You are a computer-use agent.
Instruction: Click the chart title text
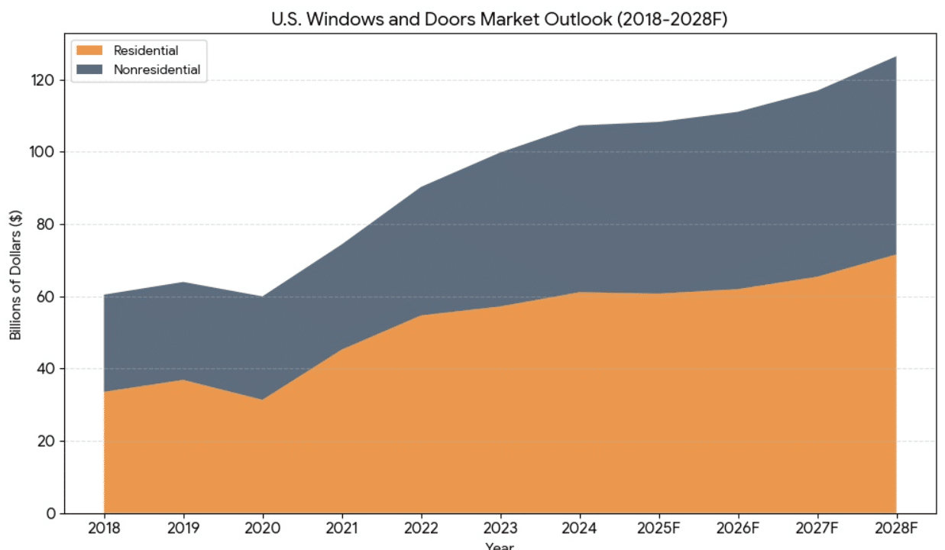click(500, 19)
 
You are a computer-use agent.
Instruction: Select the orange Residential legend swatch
click(89, 50)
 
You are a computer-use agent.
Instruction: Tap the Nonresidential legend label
click(157, 70)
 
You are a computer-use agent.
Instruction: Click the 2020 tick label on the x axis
click(262, 528)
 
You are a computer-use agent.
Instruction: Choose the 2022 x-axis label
click(421, 528)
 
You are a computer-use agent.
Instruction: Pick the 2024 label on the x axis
click(579, 528)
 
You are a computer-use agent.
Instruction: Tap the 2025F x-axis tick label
click(659, 528)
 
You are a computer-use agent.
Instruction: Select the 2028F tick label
click(896, 528)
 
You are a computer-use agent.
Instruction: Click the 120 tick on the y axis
click(44, 80)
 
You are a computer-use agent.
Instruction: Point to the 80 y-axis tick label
click(47, 225)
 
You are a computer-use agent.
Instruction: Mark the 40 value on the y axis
click(47, 369)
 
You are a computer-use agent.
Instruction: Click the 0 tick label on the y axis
click(51, 513)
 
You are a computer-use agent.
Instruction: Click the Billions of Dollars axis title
click(15, 274)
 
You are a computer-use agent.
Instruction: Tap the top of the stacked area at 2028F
click(896, 57)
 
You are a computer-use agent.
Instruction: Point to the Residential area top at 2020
click(262, 400)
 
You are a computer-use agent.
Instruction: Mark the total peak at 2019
click(183, 283)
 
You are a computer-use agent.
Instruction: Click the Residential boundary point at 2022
click(421, 315)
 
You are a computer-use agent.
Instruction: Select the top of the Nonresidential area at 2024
click(579, 125)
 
